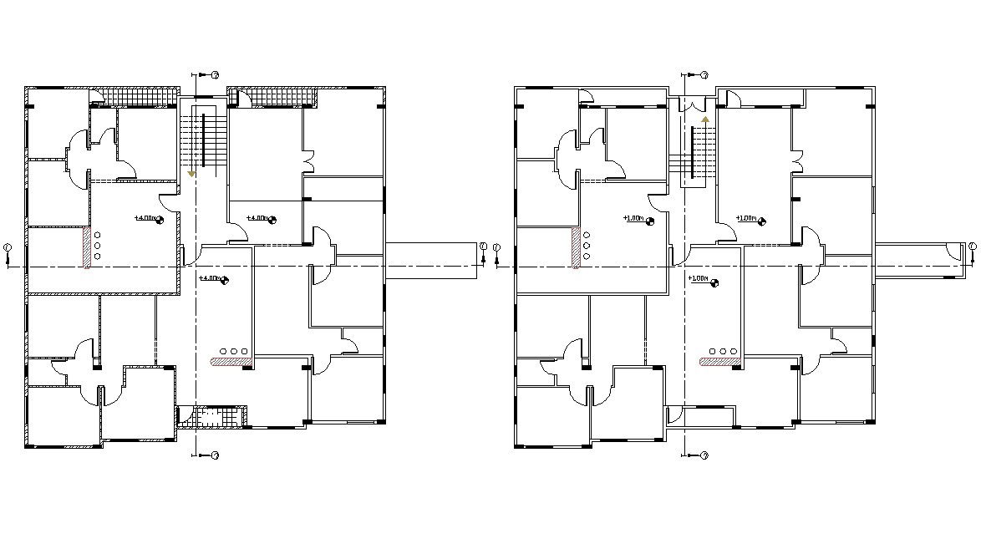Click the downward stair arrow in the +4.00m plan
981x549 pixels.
point(192,173)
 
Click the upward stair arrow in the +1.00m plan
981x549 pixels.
point(704,119)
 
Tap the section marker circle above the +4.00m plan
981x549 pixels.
point(215,75)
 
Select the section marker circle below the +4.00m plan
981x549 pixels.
point(215,455)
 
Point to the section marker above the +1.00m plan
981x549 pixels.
point(704,75)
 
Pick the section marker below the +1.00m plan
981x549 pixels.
point(704,455)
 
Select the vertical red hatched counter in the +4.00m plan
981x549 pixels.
point(86,248)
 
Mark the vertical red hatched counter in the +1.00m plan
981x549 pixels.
point(576,248)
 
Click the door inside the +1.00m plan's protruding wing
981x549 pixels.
point(953,250)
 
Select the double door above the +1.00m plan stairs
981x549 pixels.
point(693,105)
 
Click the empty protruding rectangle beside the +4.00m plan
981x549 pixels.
point(430,260)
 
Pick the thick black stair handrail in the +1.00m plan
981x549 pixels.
point(694,150)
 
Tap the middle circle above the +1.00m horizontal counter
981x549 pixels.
point(722,351)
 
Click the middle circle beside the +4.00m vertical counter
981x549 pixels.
point(98,245)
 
